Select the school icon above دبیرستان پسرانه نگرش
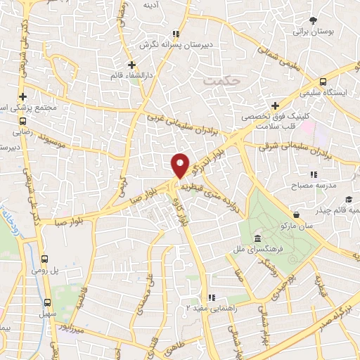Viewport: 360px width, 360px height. pyautogui.click(x=176, y=33)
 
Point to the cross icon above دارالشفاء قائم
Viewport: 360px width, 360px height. pyautogui.click(x=132, y=65)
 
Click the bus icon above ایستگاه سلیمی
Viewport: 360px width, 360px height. pyautogui.click(x=323, y=82)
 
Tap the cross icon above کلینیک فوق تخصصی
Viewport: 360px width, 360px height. pyautogui.click(x=274, y=105)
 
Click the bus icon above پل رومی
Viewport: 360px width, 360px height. pyautogui.click(x=46, y=259)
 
